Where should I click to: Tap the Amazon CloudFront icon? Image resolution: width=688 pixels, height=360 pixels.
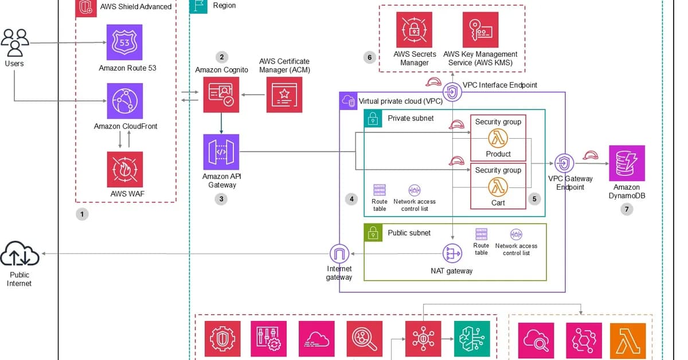click(125, 100)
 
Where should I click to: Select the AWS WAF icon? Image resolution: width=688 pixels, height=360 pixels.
click(125, 169)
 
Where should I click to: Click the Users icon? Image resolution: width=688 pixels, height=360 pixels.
click(15, 41)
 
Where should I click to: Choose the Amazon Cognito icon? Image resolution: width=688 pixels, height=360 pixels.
click(221, 95)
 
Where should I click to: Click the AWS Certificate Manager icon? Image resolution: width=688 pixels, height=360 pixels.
click(284, 95)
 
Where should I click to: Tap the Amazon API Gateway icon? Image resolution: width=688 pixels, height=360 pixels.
click(221, 152)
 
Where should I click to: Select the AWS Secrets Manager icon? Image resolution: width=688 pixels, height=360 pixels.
click(414, 30)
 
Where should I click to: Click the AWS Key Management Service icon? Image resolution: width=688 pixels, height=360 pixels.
click(480, 30)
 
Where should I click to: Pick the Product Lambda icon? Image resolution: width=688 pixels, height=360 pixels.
click(498, 138)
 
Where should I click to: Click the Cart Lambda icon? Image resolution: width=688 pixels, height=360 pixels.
click(498, 186)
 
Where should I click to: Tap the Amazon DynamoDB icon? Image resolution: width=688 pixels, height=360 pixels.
click(627, 163)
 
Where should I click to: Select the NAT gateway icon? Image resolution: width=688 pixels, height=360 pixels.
click(452, 253)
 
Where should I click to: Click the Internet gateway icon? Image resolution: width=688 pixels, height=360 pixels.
click(339, 253)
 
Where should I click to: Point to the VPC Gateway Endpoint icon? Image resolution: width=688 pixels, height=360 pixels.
click(565, 163)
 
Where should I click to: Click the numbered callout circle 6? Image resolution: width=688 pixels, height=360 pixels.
click(369, 57)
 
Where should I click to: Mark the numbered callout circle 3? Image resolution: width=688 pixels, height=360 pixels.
click(221, 199)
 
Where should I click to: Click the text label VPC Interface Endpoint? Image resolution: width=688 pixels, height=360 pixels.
click(500, 85)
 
